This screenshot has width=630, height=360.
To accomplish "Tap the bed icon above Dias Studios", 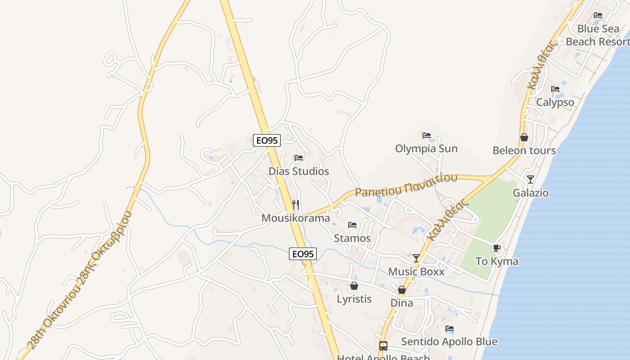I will [299, 158].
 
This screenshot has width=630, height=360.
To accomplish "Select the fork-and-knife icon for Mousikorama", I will [296, 205].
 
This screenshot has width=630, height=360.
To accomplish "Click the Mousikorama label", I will [296, 218].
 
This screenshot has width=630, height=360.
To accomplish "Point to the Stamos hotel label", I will [352, 238].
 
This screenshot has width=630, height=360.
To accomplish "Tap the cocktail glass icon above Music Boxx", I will [416, 258].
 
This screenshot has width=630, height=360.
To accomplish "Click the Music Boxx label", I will [416, 272].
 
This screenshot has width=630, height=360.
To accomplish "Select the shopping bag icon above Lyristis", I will [354, 286].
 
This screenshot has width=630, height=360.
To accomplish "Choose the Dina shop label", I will [402, 303].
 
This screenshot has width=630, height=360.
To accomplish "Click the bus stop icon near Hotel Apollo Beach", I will [383, 346].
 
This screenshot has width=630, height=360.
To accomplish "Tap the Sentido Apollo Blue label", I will [449, 342].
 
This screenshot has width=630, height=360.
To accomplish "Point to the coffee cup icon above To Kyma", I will [497, 248].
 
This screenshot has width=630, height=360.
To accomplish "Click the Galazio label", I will [531, 193].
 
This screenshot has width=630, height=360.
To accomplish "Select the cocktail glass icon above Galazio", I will [531, 180].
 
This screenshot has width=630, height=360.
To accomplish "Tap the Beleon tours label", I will [524, 151].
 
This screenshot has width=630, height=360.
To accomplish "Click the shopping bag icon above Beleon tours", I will [524, 137].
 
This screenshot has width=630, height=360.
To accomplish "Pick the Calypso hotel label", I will [555, 103].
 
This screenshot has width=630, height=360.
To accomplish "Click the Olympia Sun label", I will [426, 149].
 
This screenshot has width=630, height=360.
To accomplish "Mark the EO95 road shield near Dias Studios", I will [267, 140].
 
